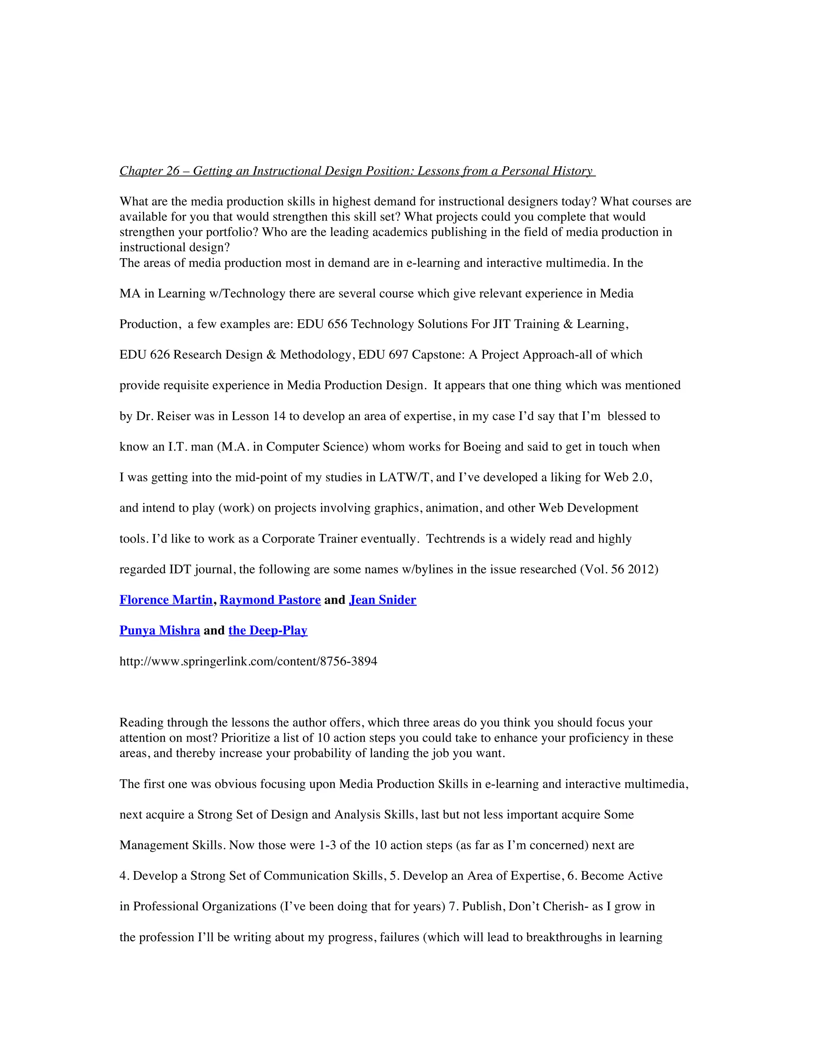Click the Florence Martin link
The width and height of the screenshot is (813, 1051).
point(166,600)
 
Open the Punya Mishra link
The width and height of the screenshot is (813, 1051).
point(160,631)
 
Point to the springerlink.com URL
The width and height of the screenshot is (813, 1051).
point(248,661)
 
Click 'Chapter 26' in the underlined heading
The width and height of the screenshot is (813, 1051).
point(149,171)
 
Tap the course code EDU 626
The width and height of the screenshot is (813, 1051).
point(144,355)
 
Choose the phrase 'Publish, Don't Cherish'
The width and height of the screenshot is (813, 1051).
point(524,906)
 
